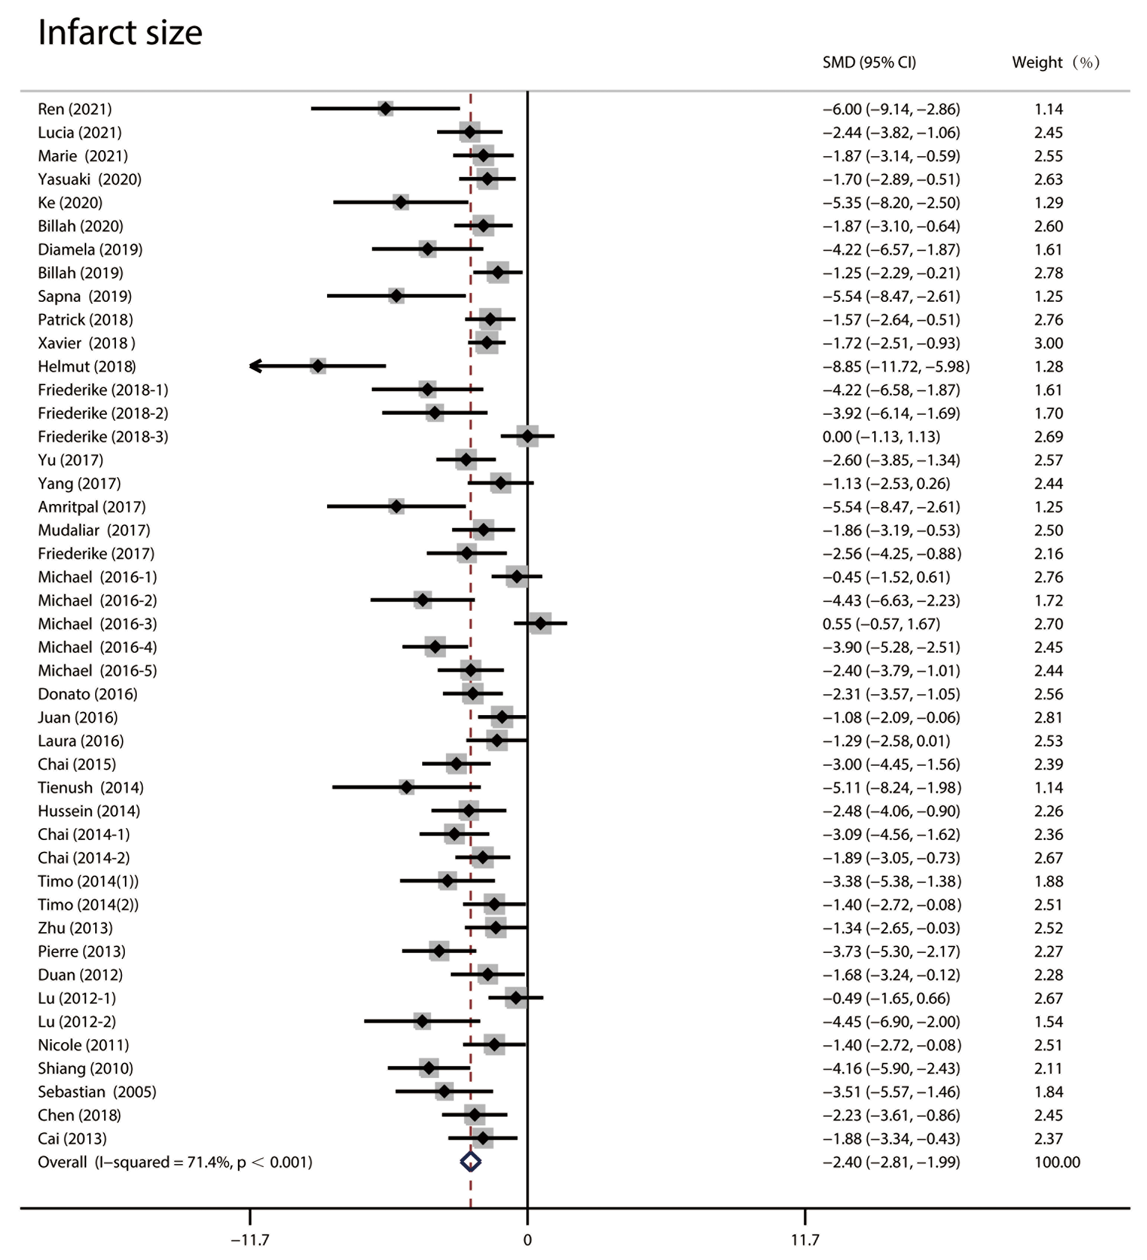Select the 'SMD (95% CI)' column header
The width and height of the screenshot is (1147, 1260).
tap(869, 62)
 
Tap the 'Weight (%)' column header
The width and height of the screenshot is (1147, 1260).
tap(1055, 62)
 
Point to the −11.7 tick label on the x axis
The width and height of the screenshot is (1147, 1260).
tap(250, 1240)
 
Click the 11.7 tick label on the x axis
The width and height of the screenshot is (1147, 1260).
tap(804, 1240)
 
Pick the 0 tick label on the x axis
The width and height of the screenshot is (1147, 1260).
tap(527, 1240)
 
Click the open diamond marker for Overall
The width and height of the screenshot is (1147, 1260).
tap(471, 1162)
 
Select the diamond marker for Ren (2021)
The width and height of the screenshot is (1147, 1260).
tap(386, 109)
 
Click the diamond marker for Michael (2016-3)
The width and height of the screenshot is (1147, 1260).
tap(541, 624)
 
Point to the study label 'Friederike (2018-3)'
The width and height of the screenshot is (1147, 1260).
tap(103, 437)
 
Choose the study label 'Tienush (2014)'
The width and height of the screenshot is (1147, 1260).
tap(91, 788)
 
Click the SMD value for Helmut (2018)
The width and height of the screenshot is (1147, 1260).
tap(896, 366)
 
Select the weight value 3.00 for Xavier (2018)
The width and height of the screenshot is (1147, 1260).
tap(1048, 343)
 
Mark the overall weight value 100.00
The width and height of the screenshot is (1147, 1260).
tap(1057, 1162)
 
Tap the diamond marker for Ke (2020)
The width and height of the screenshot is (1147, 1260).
tap(401, 203)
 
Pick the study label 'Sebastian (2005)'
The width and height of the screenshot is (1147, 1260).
tap(97, 1092)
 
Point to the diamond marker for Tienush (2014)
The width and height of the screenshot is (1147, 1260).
tap(406, 788)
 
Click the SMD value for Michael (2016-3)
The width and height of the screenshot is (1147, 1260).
tap(881, 624)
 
